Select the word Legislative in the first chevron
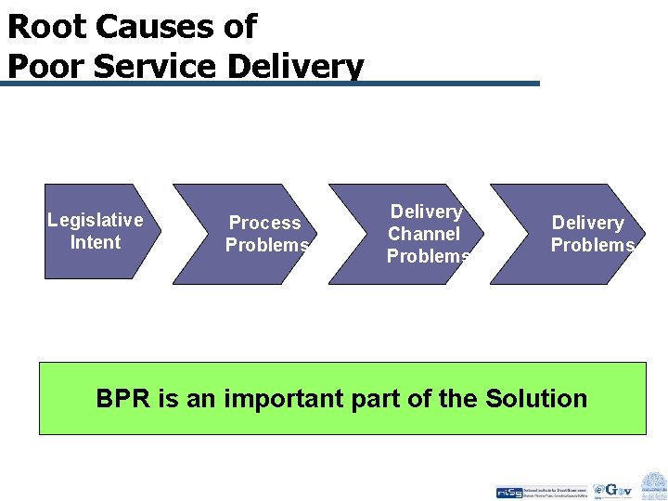(95, 220)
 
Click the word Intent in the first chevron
(95, 242)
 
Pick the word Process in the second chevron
(264, 223)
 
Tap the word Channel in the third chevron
(423, 234)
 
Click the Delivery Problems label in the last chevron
(590, 234)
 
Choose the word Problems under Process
(266, 245)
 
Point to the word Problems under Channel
(428, 256)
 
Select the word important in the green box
(276, 399)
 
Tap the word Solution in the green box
(535, 399)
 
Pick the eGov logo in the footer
(613, 489)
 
